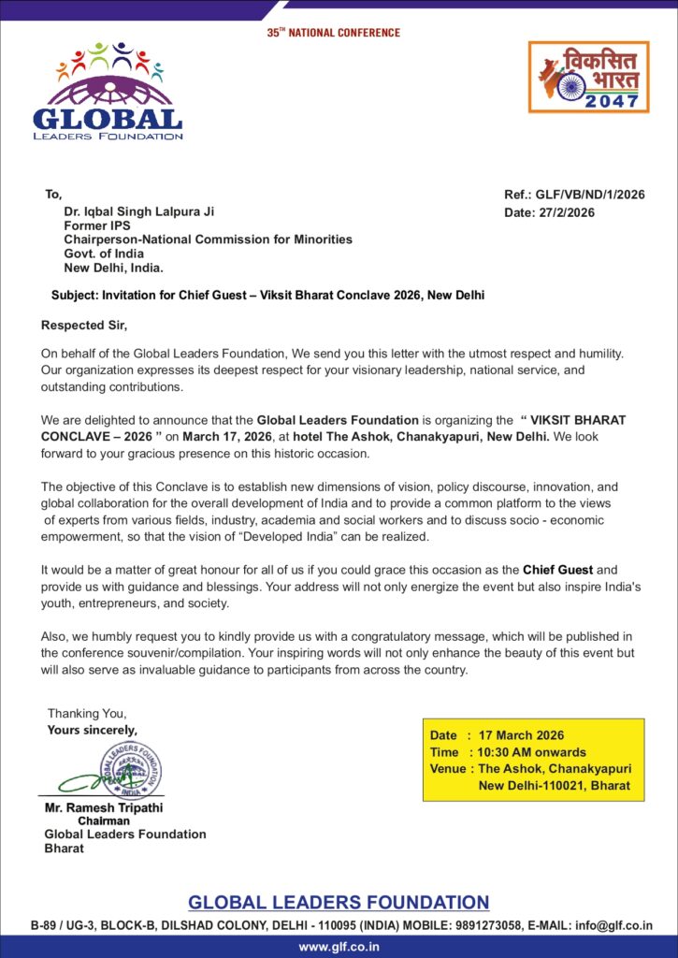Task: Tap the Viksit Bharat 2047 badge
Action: coord(588,77)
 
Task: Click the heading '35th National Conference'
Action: coord(333,33)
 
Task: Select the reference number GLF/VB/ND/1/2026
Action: coord(591,196)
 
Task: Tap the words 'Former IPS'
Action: coord(96,225)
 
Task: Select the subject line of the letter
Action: coord(267,295)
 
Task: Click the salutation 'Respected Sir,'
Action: coord(83,326)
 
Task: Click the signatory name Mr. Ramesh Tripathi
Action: coord(104,807)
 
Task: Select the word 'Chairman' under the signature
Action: coord(104,820)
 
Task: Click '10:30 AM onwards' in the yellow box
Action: coord(532,752)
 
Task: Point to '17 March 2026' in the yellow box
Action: coord(521,735)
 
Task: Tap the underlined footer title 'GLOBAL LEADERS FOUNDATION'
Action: coord(339,903)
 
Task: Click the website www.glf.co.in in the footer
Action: coord(339,947)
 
